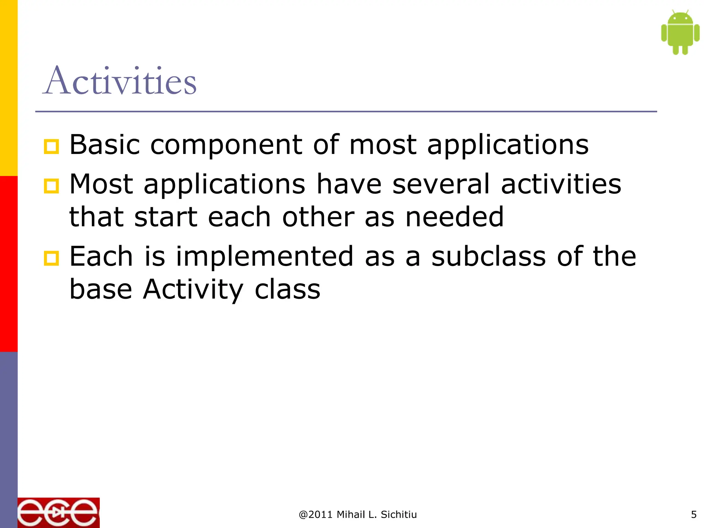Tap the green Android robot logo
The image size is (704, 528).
pyautogui.click(x=680, y=33)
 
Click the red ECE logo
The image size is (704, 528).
pyautogui.click(x=58, y=513)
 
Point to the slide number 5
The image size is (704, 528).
pyautogui.click(x=694, y=515)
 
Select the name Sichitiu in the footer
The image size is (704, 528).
pyautogui.click(x=399, y=515)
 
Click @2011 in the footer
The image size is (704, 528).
pyautogui.click(x=316, y=515)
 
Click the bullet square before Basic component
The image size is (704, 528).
pyautogui.click(x=52, y=147)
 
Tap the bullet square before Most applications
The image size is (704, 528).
pyautogui.click(x=52, y=186)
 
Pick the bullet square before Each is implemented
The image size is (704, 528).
pyautogui.click(x=52, y=258)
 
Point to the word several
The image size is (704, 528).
pyautogui.click(x=441, y=184)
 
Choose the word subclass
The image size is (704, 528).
pyautogui.click(x=488, y=256)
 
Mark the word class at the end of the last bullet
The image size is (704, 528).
pyautogui.click(x=287, y=289)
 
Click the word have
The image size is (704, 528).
pyautogui.click(x=349, y=184)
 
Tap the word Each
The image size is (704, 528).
pyautogui.click(x=101, y=256)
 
